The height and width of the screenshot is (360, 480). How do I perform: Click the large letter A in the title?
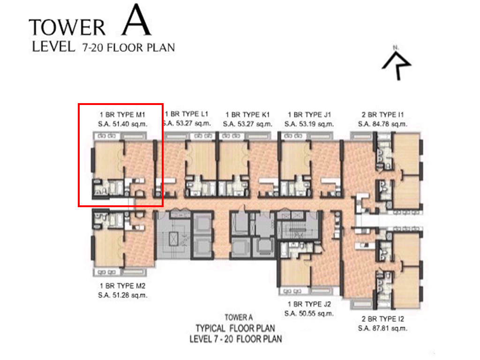point(136,21)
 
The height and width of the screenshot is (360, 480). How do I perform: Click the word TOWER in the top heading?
point(67,28)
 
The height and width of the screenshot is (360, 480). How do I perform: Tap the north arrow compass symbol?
point(397,64)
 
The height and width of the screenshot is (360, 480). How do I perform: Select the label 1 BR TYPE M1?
point(122,114)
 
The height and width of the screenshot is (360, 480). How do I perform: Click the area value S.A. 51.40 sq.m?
point(122,124)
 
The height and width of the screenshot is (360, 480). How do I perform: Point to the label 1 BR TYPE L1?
point(187,114)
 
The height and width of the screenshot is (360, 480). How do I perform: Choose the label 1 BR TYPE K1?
point(247,114)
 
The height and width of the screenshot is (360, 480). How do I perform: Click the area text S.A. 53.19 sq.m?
point(309,124)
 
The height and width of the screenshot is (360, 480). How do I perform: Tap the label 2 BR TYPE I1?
point(382,114)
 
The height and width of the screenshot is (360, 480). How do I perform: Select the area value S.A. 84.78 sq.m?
point(382,124)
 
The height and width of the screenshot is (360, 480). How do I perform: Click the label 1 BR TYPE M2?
point(122,285)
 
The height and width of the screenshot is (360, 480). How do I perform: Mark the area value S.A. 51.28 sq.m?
point(122,295)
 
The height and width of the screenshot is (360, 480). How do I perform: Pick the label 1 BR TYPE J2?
point(309,304)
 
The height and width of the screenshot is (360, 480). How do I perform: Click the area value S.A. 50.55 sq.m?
point(309,314)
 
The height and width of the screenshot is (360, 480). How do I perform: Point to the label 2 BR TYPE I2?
point(382,319)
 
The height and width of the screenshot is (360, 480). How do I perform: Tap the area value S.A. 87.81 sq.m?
point(382,328)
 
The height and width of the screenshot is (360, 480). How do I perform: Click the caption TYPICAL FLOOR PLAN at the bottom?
point(235,328)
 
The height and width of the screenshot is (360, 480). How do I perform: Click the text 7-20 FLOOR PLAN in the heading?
point(128,47)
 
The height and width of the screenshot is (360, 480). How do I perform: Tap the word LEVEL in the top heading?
point(53,46)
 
